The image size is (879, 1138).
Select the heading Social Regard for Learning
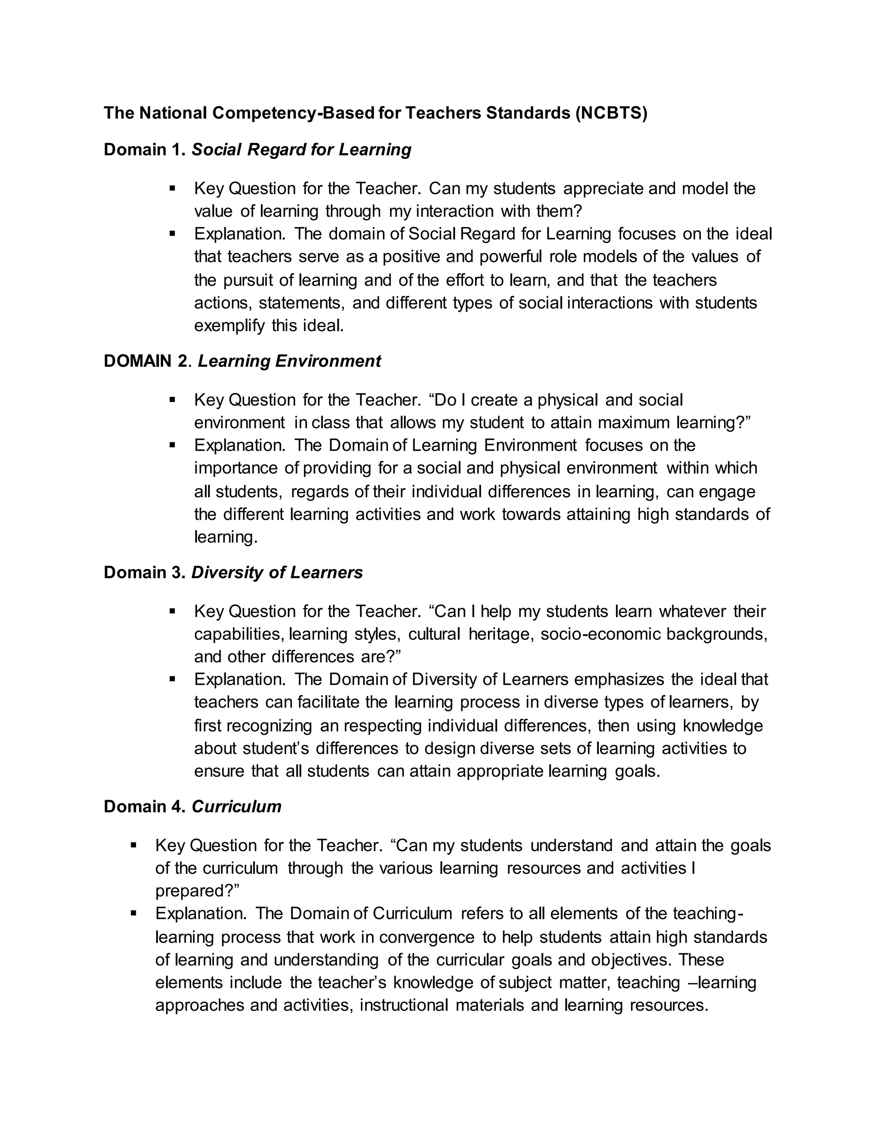pyautogui.click(x=301, y=149)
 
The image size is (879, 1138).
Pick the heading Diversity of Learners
pyautogui.click(x=276, y=572)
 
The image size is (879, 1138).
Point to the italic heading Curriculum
pyautogui.click(x=236, y=806)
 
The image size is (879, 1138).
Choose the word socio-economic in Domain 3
pyautogui.click(x=600, y=634)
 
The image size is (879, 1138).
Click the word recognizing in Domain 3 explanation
pyautogui.click(x=269, y=726)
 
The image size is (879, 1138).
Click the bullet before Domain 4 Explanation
pyautogui.click(x=134, y=913)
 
